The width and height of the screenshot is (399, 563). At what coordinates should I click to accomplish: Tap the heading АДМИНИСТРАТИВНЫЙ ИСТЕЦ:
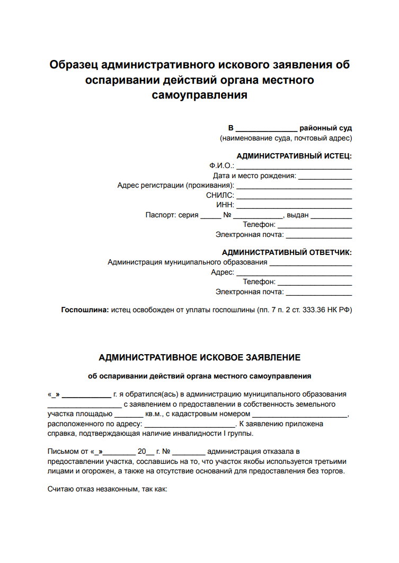coord(294,156)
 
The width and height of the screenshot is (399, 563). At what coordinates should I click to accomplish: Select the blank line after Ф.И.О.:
coord(294,166)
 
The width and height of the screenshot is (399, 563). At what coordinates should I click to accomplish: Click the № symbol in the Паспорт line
coord(228,215)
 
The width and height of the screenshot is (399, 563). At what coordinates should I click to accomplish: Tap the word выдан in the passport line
coord(297,215)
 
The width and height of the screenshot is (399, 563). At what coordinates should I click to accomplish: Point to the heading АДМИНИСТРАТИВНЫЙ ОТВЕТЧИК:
coord(287,252)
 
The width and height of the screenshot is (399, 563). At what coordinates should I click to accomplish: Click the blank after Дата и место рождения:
coord(325,177)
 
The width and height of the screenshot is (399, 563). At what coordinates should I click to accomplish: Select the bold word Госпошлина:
coord(85,309)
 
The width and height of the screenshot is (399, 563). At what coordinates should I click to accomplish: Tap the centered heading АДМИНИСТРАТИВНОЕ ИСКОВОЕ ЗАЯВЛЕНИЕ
coord(199,358)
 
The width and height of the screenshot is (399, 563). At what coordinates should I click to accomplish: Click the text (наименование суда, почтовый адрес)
coord(286,138)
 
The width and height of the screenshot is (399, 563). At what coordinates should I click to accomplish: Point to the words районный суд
coord(325,128)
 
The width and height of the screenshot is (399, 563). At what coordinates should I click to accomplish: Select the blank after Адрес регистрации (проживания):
coord(294,186)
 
